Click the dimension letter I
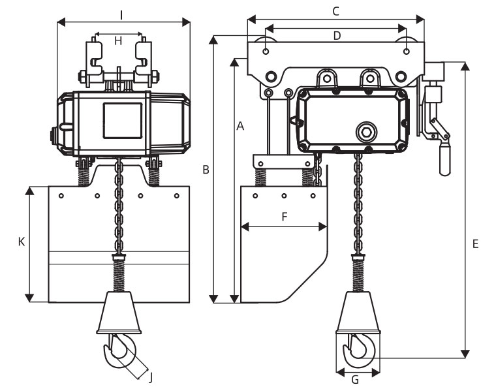click(x=121, y=15)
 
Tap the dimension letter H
click(x=118, y=41)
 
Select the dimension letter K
click(x=21, y=242)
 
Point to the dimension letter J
click(x=151, y=377)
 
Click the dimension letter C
click(x=335, y=11)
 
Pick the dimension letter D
click(x=337, y=36)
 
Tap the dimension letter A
click(x=240, y=126)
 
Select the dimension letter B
click(x=206, y=170)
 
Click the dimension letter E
click(x=475, y=244)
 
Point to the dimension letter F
click(x=285, y=217)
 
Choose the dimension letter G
click(x=355, y=379)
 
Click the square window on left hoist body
click(x=123, y=121)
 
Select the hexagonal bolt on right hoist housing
click(x=366, y=132)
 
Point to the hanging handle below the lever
click(x=444, y=158)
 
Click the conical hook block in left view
click(x=119, y=313)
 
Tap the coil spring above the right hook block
click(x=358, y=274)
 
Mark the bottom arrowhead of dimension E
click(x=465, y=354)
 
